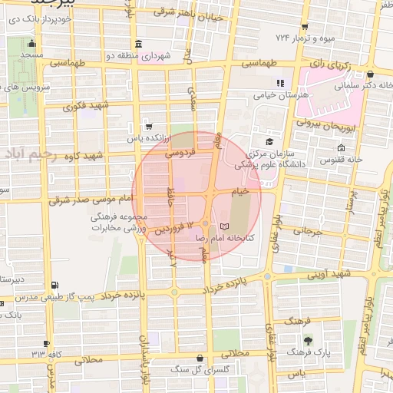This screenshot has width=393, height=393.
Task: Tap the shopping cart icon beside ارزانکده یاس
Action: click(148, 126)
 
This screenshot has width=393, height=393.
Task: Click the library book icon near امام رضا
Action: click(224, 226)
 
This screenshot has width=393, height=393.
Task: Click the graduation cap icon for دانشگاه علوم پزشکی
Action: click(269, 142)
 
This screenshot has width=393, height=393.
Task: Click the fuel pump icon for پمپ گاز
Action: click(54, 286)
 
